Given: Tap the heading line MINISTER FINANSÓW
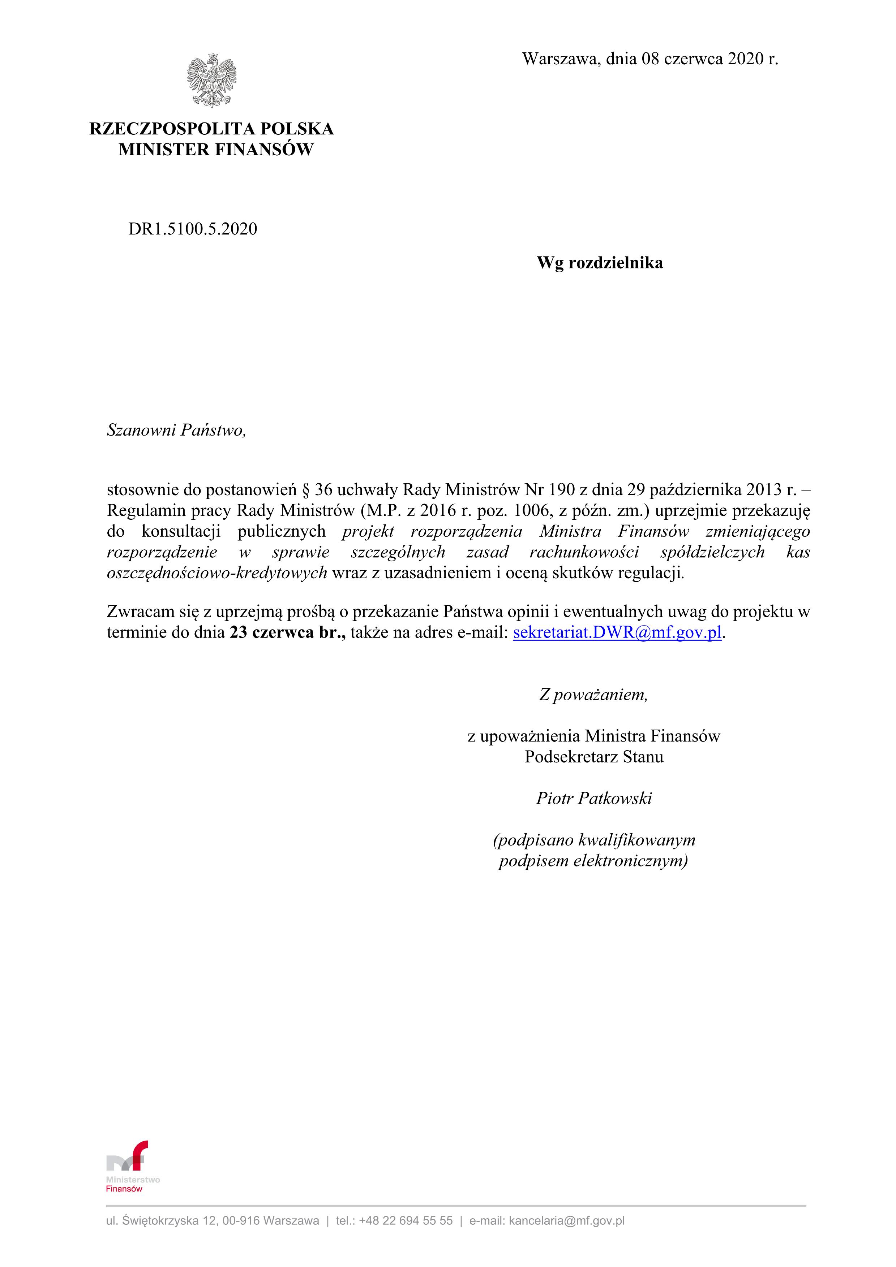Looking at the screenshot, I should pos(215,150).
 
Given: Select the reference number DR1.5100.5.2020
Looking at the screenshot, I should pos(193,229).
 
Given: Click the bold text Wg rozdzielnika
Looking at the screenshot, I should pos(600,263).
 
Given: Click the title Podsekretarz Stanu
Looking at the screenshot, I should pos(594,757).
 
